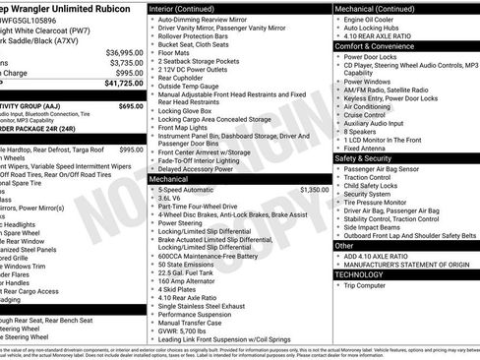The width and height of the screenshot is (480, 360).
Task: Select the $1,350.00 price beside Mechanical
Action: [314, 189]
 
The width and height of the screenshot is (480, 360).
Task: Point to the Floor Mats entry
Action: [176, 54]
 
